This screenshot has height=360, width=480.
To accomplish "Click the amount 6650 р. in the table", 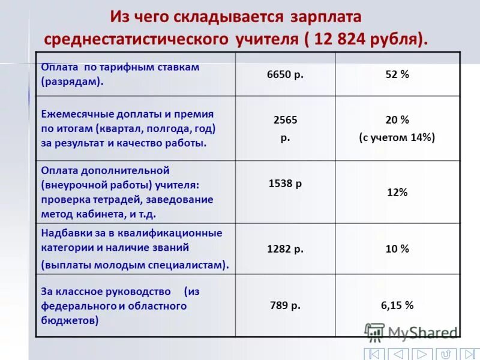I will point(285,74).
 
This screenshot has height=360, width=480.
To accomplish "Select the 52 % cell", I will point(397,74).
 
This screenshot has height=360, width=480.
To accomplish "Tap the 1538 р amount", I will point(285,184).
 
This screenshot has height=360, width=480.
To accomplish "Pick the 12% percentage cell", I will point(397,193).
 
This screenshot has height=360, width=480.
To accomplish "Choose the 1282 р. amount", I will point(285,248).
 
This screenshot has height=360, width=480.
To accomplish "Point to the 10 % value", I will point(397,248).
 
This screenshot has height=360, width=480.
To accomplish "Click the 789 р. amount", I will point(285,305).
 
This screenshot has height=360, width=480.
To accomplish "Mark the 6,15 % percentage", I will point(397,305).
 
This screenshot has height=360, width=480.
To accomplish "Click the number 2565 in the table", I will point(285,120).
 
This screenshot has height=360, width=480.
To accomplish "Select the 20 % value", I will point(397,120).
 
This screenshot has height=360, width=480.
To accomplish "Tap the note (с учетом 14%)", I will point(397,137).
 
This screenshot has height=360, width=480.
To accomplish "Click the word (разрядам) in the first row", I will point(72,82).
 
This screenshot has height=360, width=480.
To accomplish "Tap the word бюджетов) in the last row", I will point(70,321).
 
